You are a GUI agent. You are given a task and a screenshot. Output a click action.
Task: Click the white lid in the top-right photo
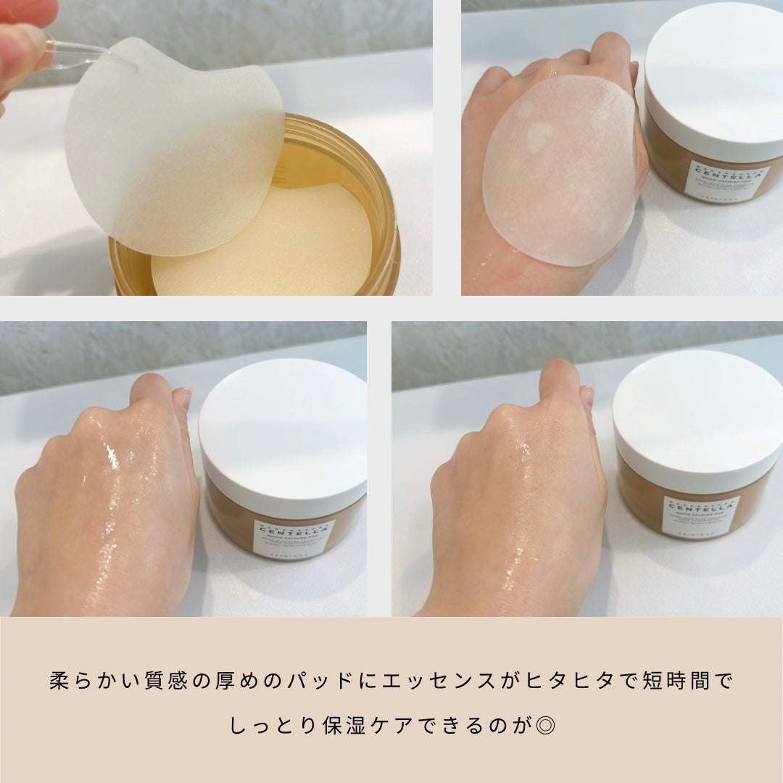pos(714,80)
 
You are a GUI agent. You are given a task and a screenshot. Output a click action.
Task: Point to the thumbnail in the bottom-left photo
pos(184,399)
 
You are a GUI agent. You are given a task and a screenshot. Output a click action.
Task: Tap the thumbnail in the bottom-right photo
pos(587,396)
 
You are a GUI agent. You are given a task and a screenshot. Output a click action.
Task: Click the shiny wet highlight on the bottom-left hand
pos(112,457)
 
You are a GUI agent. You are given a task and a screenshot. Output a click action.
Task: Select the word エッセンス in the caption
pos(442,681)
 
